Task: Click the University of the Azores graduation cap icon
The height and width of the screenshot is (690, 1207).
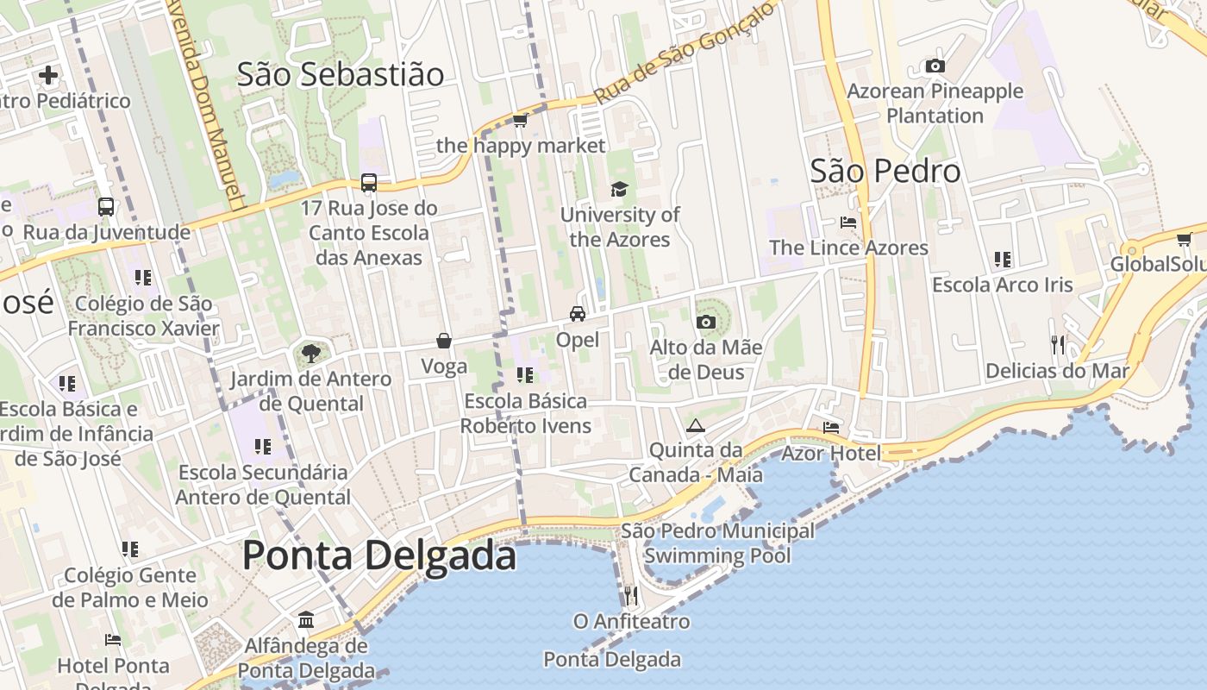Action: click(619, 189)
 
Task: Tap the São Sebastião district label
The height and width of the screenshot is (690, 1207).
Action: click(341, 74)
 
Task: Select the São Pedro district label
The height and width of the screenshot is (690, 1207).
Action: click(885, 171)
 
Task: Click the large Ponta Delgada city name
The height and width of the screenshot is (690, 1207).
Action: click(379, 555)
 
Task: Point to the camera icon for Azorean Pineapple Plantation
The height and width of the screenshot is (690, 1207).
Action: click(935, 66)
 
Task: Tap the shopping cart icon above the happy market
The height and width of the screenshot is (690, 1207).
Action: click(520, 120)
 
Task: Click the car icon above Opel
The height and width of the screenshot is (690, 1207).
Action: click(577, 314)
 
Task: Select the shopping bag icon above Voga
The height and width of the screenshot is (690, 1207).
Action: click(444, 341)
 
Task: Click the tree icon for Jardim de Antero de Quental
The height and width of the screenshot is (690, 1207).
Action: click(310, 353)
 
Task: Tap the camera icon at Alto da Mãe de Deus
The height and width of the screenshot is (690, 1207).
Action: click(705, 322)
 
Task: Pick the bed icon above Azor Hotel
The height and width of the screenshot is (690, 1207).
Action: click(831, 427)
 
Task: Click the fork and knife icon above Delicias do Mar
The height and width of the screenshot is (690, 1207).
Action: click(1058, 345)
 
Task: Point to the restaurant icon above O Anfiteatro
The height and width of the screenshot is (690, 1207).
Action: click(631, 595)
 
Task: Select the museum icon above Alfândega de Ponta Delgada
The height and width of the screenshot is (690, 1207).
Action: click(306, 619)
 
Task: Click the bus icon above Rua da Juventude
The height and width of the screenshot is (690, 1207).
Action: click(106, 207)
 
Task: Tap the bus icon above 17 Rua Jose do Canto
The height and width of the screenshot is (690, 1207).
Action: click(369, 182)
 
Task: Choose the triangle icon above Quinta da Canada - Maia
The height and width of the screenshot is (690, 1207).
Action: click(695, 425)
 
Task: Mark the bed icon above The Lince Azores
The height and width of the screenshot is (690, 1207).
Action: click(848, 222)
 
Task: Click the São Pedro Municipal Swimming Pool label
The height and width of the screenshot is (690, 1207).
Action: click(717, 543)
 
